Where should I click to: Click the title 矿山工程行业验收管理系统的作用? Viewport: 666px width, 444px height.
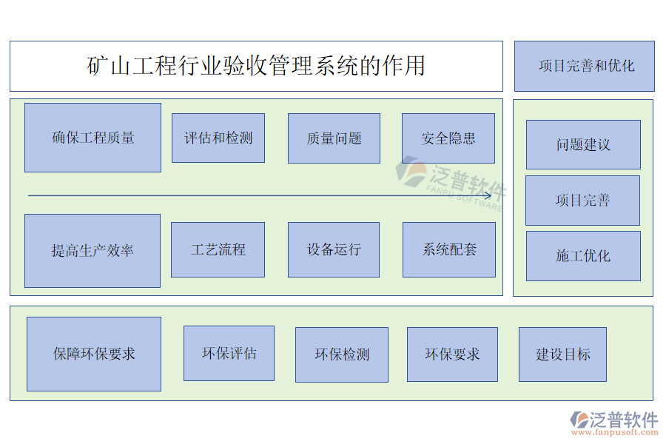tap(256, 66)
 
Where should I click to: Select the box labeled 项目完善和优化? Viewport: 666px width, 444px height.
tap(585, 66)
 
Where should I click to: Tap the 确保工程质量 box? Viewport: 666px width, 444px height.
tap(92, 138)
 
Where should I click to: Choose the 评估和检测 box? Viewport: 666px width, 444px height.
tap(218, 138)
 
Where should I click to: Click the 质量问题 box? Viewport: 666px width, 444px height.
tap(334, 138)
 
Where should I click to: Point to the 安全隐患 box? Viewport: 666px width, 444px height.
tap(448, 138)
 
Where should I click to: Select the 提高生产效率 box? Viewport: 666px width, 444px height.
tap(92, 251)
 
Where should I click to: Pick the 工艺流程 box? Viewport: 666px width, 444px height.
tap(218, 250)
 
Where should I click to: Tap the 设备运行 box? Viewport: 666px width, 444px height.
tap(334, 250)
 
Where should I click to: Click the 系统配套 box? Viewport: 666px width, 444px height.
tap(449, 250)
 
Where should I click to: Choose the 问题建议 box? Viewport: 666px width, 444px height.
tap(583, 145)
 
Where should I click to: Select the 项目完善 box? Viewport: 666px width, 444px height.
tap(583, 201)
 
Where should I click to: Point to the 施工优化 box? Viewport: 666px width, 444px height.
tap(583, 256)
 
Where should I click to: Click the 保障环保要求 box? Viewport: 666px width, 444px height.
tap(94, 354)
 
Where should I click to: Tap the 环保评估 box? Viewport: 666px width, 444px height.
tap(229, 354)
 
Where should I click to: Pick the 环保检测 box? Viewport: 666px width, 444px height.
tap(342, 354)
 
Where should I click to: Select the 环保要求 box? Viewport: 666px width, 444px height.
tap(452, 354)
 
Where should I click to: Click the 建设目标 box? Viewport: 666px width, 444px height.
tap(563, 354)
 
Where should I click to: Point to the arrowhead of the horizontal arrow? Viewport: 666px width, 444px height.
tap(491, 196)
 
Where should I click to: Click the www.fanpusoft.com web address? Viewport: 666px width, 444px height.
tap(614, 432)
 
